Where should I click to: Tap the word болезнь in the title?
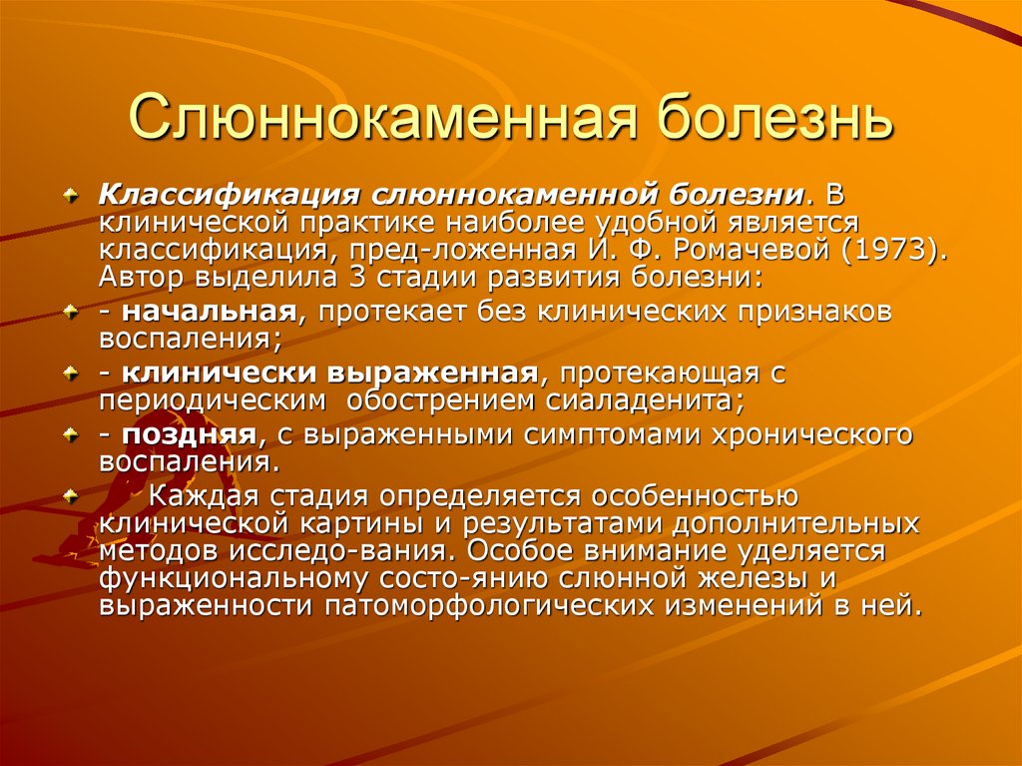766,118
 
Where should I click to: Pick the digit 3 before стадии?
356,276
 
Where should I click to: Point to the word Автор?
145,276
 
